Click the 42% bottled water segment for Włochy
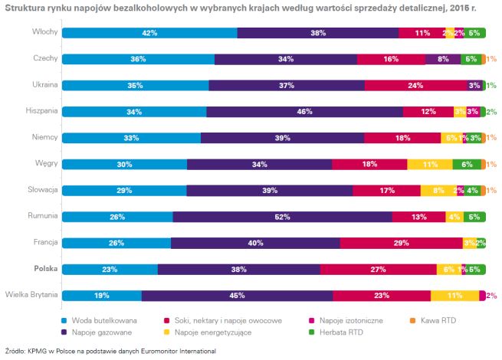149,33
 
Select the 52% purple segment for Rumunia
282,217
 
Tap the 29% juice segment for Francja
401,243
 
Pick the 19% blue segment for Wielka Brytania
101,295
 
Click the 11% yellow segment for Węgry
429,164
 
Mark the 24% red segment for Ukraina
415,85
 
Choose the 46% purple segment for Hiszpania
304,112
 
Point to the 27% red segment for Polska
377,269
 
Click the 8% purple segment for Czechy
442,59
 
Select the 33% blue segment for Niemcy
131,138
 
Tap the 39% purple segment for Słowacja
269,190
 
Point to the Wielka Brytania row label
31,295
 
